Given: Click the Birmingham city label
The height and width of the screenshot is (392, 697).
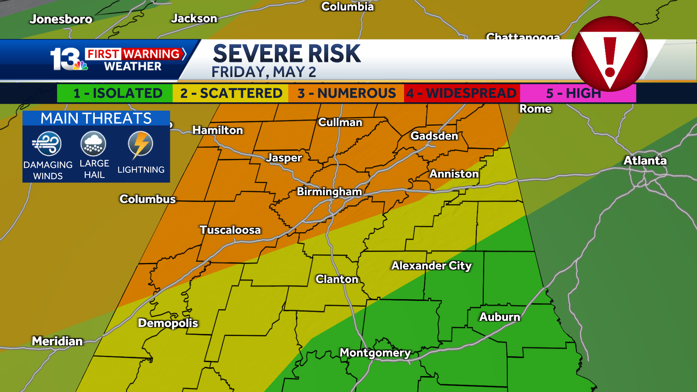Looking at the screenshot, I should point(329,192).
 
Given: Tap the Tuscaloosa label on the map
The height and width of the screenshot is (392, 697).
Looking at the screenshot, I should point(230,230).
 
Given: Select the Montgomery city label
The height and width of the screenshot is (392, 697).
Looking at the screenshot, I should point(375,353).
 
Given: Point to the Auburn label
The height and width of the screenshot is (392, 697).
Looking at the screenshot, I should point(500,317).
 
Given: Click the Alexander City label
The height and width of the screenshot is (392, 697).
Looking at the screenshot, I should point(431,266).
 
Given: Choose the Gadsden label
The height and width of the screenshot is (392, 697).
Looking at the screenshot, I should point(434,136).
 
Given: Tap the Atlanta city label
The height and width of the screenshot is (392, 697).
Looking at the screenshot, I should point(645,161).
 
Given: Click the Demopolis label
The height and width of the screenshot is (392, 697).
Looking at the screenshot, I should point(168,323).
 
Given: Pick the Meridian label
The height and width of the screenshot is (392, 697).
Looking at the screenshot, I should point(57,341).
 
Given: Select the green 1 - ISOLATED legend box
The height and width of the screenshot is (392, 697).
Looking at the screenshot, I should point(115,93).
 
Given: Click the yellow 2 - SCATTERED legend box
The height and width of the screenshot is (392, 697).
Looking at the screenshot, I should point(231,93).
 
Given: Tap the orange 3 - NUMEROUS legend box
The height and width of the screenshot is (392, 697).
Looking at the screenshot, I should point(346,93).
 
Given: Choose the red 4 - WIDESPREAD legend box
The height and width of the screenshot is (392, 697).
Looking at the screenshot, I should point(461,93).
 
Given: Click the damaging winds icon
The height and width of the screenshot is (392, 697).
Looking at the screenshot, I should point(48,144).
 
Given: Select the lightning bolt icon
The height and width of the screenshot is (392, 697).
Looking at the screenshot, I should point(140,144).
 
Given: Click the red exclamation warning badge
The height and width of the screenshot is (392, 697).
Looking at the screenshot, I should point(610,54).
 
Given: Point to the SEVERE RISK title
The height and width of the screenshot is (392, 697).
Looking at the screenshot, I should point(287,54).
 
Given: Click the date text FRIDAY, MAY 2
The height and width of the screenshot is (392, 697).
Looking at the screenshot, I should point(264,72).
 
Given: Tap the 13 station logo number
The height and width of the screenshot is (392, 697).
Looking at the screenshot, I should point(65,59).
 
